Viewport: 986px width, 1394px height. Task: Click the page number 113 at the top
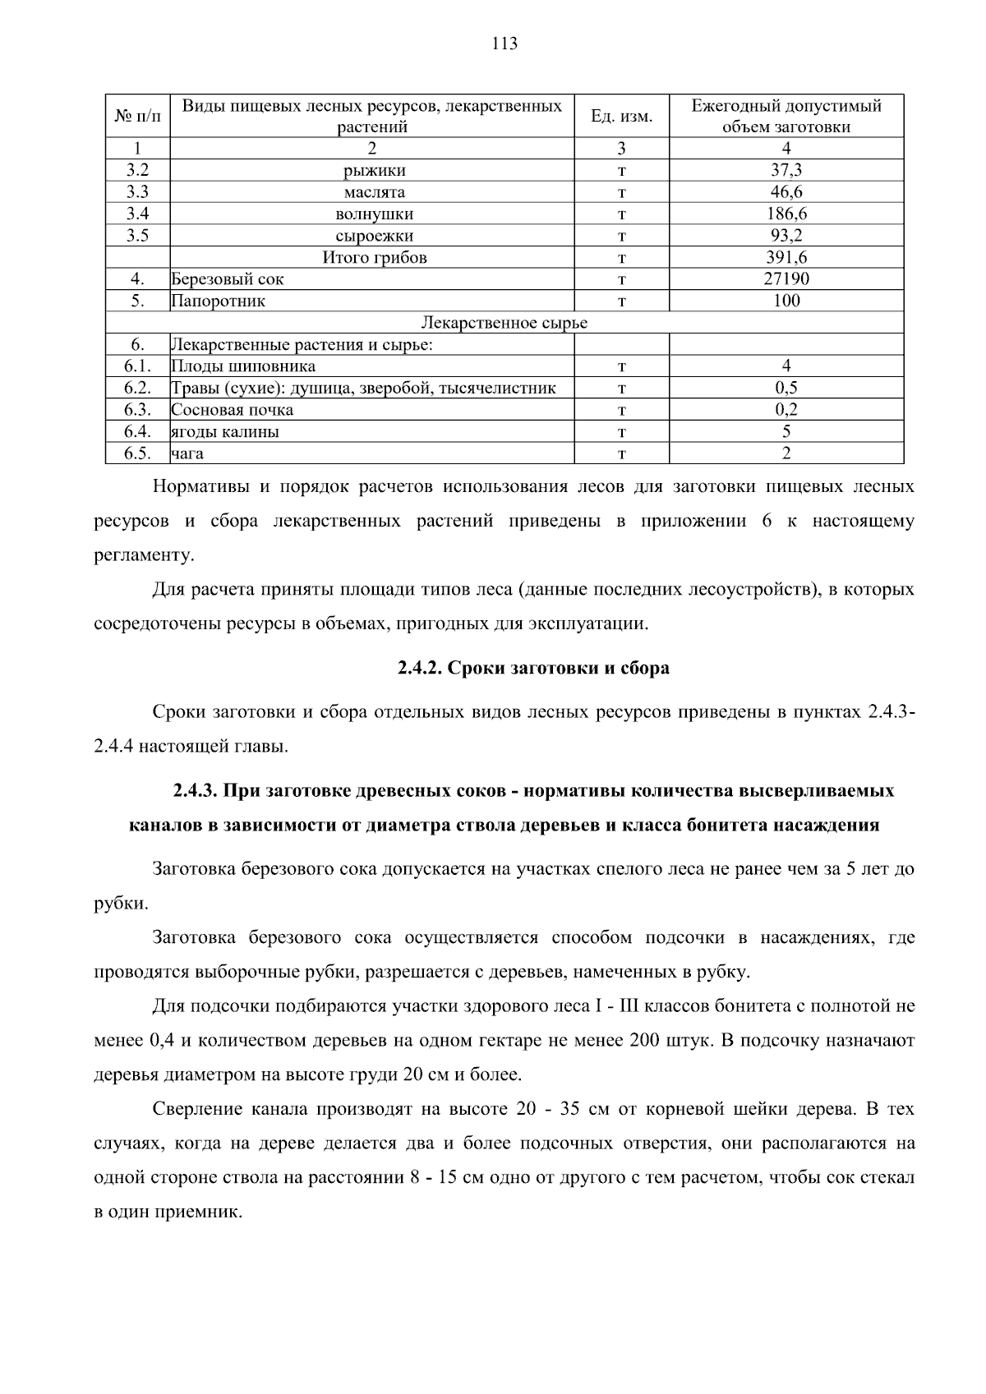click(505, 44)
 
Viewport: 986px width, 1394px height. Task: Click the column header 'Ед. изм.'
click(621, 117)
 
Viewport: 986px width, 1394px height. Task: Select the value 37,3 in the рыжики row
click(786, 170)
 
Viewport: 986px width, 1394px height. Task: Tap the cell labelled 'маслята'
click(374, 192)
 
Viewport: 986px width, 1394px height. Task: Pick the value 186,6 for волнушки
click(786, 214)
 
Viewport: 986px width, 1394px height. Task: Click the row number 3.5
click(137, 236)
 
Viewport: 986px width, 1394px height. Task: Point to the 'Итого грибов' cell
click(374, 257)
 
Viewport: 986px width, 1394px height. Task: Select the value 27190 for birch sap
click(786, 278)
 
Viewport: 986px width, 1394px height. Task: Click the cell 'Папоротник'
click(219, 301)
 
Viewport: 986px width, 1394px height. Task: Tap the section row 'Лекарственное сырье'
click(505, 323)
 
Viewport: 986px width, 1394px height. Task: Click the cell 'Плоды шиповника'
click(243, 366)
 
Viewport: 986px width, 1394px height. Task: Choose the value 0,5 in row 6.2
click(786, 388)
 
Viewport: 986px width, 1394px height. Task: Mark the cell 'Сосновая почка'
click(233, 410)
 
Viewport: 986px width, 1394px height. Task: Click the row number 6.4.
click(137, 431)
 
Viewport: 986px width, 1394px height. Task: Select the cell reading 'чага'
click(188, 453)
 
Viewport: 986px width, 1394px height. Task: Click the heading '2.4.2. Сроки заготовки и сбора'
click(533, 668)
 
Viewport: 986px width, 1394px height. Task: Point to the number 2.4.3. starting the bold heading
click(195, 791)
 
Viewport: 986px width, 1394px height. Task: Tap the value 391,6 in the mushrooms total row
click(786, 257)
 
